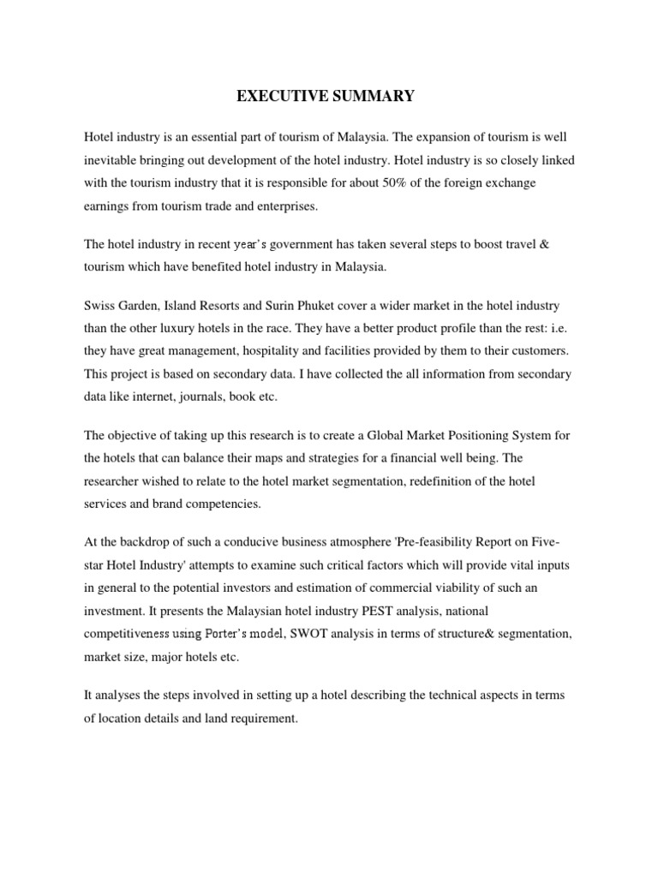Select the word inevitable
point(116,159)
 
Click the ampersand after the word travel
point(549,245)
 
